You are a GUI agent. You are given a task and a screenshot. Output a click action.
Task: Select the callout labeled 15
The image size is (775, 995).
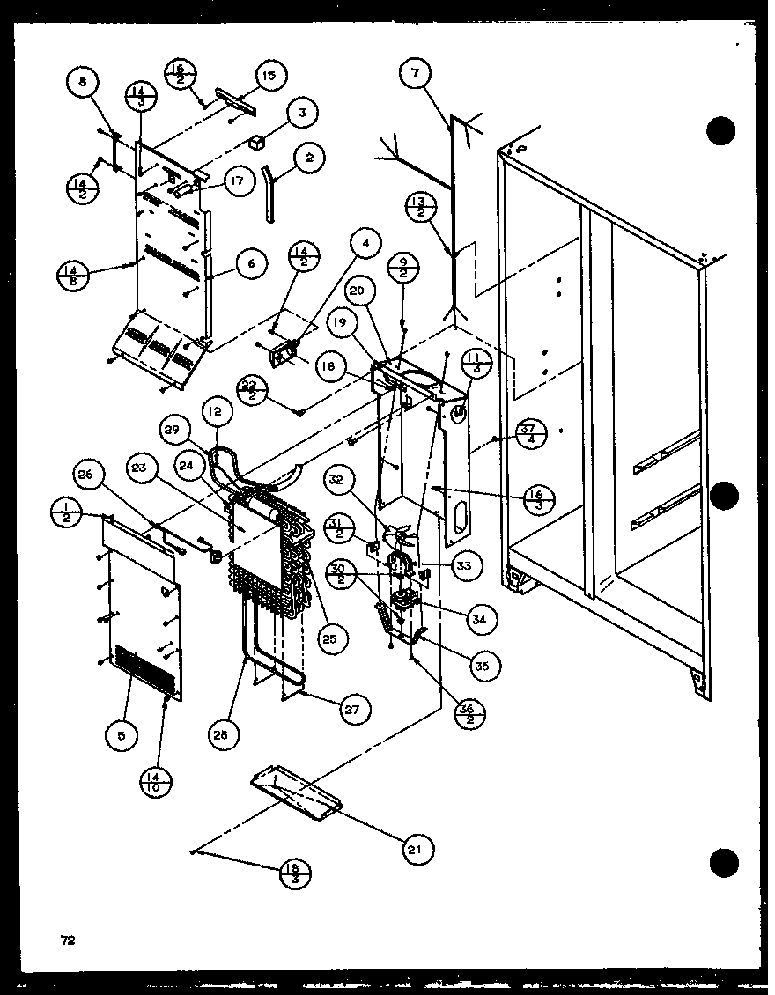[269, 77]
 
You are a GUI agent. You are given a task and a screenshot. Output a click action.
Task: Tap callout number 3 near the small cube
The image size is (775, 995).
[301, 113]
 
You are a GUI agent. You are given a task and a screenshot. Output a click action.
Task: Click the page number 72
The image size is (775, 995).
[68, 940]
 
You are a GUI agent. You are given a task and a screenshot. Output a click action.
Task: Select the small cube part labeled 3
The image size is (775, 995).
[257, 142]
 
